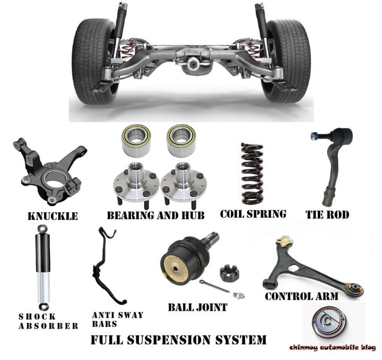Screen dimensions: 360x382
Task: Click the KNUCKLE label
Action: pyautogui.click(x=53, y=216)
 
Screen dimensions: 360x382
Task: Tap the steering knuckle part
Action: pyautogui.click(x=50, y=170)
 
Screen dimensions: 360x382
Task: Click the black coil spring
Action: pyautogui.click(x=252, y=173)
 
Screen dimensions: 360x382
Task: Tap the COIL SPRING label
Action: pyautogui.click(x=253, y=214)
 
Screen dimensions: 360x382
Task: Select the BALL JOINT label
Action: pyautogui.click(x=197, y=307)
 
